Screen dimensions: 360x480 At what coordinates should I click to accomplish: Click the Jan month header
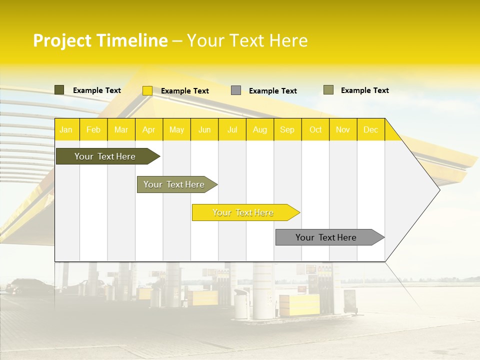point(66,130)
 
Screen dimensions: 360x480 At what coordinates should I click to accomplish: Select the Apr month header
point(149,130)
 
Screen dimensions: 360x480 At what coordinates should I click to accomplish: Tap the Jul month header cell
point(232,130)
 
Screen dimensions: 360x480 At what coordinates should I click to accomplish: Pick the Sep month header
point(287,130)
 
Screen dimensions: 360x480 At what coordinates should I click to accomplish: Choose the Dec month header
point(370,130)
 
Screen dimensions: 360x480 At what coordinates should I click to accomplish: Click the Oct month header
point(315,130)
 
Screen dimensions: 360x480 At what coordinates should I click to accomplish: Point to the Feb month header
point(93,130)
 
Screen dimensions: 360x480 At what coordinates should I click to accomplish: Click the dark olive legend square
point(59,90)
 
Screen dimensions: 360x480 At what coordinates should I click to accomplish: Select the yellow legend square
point(147,90)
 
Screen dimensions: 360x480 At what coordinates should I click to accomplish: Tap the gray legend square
point(236,90)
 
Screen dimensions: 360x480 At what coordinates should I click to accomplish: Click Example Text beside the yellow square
point(184,91)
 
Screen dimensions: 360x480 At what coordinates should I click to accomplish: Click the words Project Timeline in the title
point(100,40)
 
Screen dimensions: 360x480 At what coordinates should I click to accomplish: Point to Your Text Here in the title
point(247,40)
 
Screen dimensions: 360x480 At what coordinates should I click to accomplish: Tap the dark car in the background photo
point(27,286)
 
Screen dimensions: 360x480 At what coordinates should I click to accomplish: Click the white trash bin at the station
point(241,305)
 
